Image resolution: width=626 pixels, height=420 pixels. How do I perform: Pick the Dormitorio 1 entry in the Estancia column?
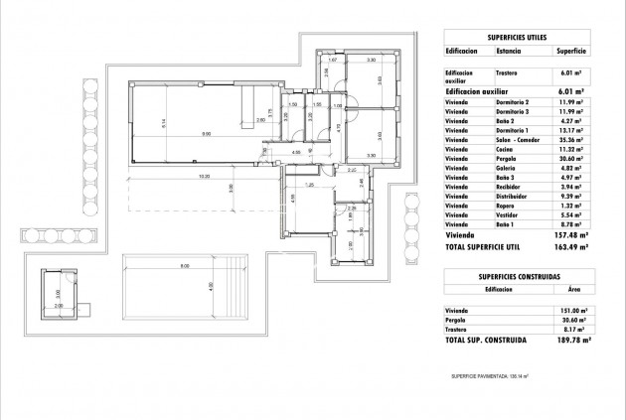coord(514,130)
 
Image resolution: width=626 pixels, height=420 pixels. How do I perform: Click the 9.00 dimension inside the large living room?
coord(206,133)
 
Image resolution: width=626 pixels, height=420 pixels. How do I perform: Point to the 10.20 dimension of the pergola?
coord(203,177)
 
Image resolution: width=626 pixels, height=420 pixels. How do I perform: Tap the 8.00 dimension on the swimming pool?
coord(185,265)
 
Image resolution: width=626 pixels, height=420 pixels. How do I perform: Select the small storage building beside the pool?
coord(58,292)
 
